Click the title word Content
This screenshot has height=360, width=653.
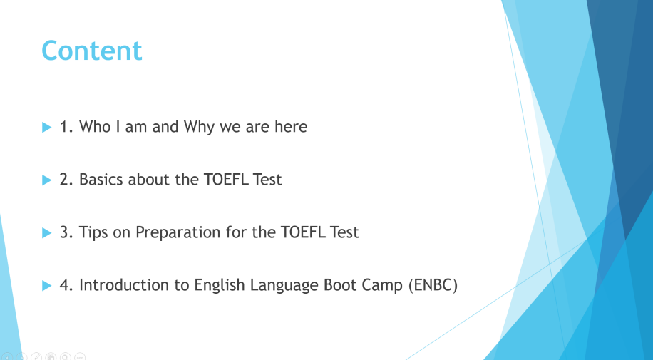pyautogui.click(x=92, y=51)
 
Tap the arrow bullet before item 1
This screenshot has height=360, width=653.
pyautogui.click(x=46, y=127)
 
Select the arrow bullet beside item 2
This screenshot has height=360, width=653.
pyautogui.click(x=46, y=180)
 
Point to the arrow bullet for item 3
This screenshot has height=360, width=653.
pyautogui.click(x=46, y=232)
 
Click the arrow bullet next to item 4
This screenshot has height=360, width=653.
pyautogui.click(x=46, y=285)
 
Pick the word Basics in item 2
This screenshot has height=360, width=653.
pyautogui.click(x=101, y=180)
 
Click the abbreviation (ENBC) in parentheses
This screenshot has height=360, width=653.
pyautogui.click(x=433, y=285)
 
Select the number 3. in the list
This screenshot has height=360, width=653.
pyautogui.click(x=66, y=232)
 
